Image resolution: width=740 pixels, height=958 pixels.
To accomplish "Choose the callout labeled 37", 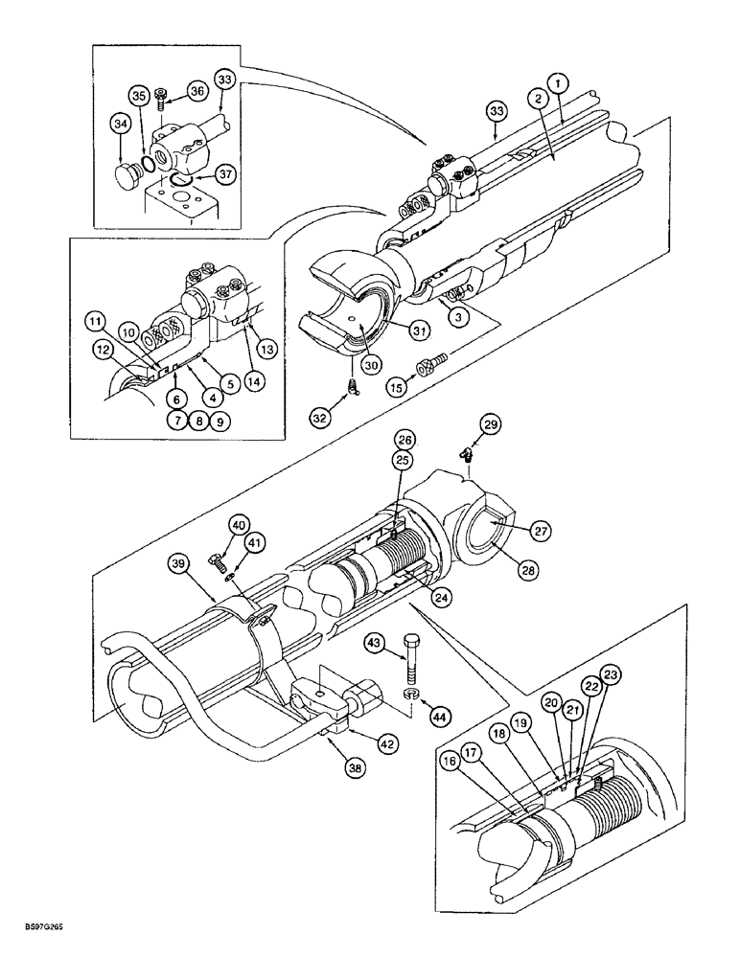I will pyautogui.click(x=224, y=174).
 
